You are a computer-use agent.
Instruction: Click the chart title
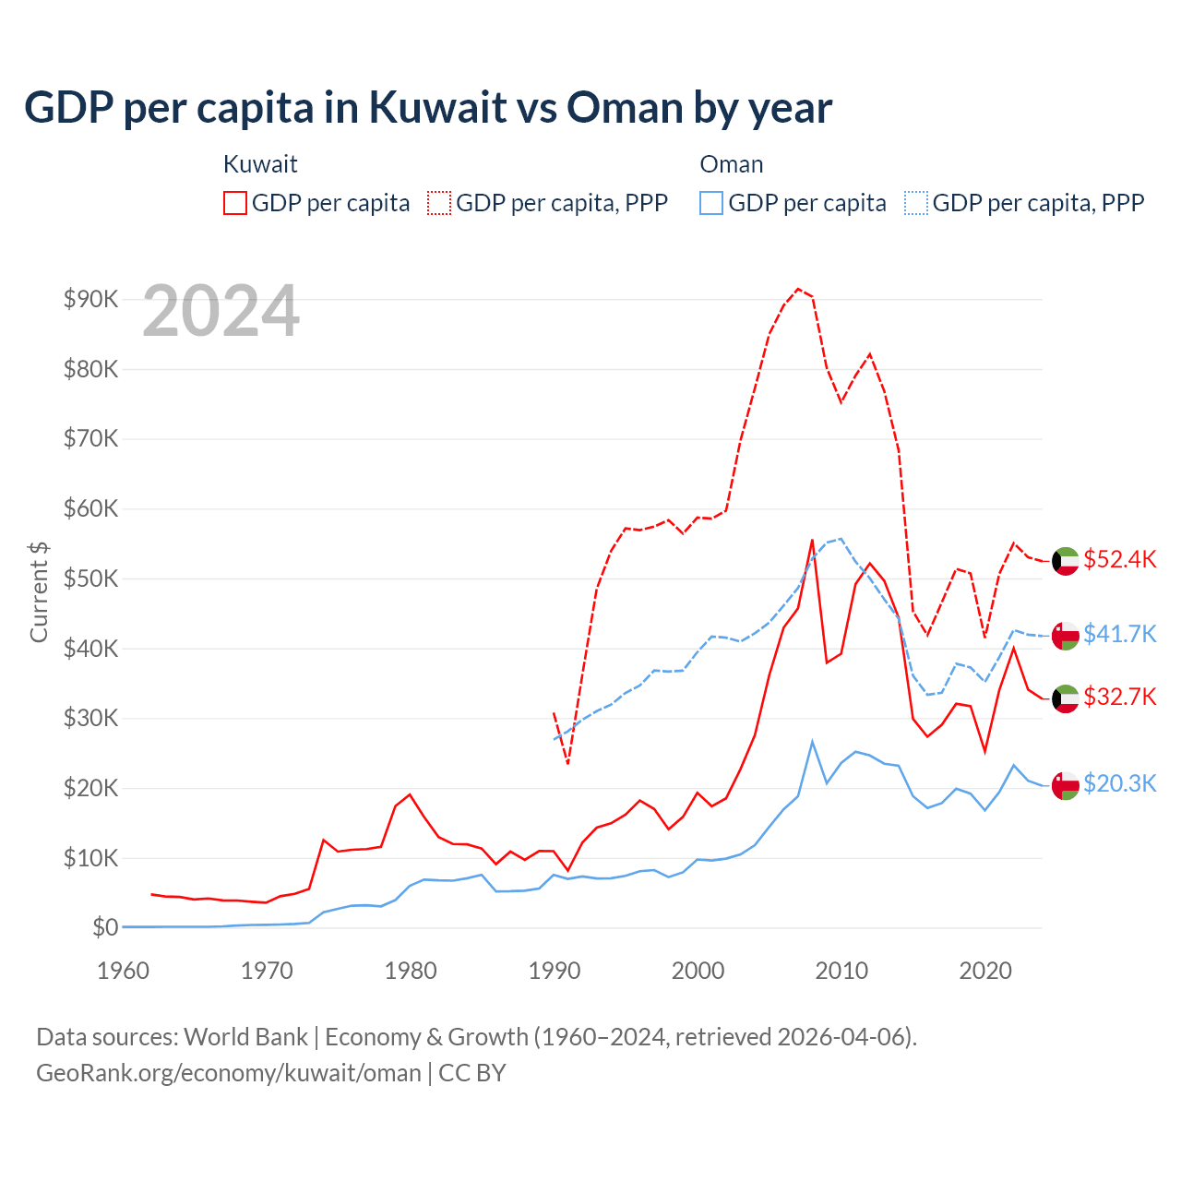coord(428,108)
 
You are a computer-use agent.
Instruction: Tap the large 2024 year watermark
coord(221,312)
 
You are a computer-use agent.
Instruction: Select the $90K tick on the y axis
coord(90,299)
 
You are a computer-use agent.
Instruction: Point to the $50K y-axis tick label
coord(90,579)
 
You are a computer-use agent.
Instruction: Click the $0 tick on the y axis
coord(105,927)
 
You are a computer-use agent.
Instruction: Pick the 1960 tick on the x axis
coord(124,971)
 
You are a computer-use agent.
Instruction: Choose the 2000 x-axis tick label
coord(698,971)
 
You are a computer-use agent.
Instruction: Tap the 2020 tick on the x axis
coord(985,971)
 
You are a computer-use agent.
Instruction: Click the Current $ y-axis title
coord(39,591)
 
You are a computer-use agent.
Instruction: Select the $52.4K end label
coord(1119,560)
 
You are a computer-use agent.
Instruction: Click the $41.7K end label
coord(1119,634)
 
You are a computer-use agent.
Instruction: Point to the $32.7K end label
coord(1119,697)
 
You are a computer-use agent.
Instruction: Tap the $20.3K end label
coord(1119,783)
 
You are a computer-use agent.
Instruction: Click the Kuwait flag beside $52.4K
coord(1066,561)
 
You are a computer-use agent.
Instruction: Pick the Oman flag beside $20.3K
coord(1066,785)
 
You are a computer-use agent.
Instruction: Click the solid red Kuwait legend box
coord(235,203)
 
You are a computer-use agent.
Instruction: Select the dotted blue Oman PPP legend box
coord(916,203)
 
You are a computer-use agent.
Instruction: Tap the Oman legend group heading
coord(732,164)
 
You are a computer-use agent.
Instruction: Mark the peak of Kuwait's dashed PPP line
coord(799,289)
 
